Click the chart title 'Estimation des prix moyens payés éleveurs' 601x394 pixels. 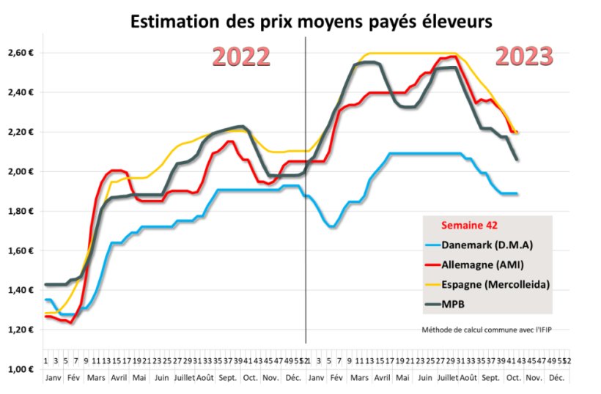[311, 22]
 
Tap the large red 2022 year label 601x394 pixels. [241, 56]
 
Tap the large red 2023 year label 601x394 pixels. [523, 56]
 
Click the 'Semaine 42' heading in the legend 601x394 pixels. [468, 226]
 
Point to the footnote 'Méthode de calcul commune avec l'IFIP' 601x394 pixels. [486, 329]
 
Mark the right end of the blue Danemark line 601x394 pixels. [517, 193]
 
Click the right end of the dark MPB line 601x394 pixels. [517, 159]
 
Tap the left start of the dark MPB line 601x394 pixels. [45, 284]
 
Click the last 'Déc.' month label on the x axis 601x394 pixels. [556, 378]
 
